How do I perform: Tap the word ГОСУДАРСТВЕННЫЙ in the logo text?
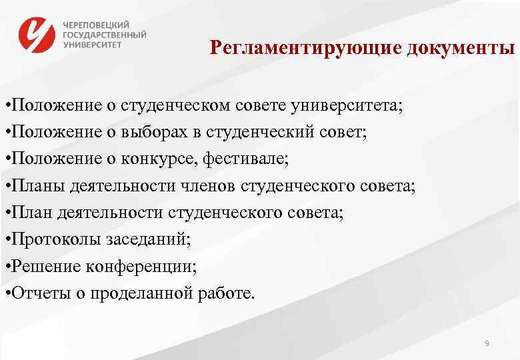(x=105, y=35)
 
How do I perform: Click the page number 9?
(x=487, y=343)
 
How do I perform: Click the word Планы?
(x=33, y=187)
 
